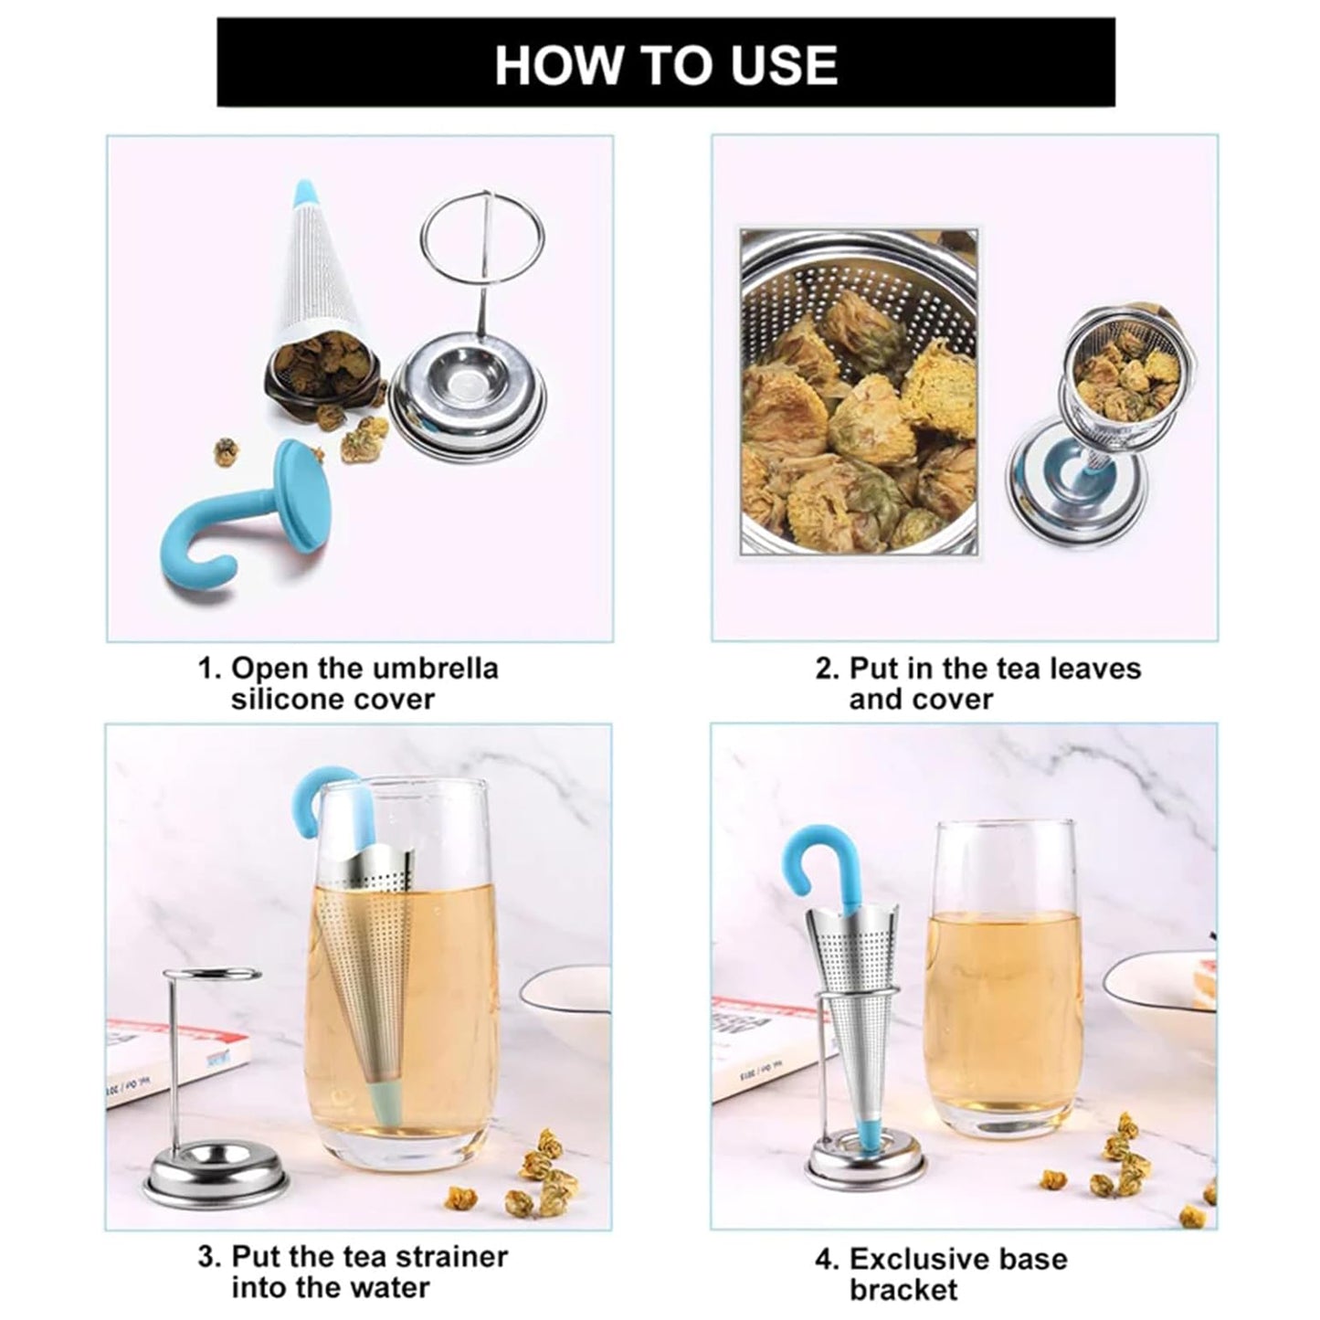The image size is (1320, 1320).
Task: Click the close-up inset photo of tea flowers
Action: tap(859, 393)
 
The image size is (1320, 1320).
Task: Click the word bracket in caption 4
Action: tap(903, 1290)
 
